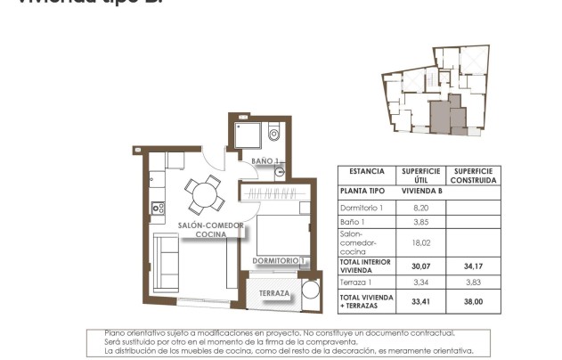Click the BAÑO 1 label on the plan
click(265, 161)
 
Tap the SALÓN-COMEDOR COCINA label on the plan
click(210, 230)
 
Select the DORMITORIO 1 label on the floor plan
click(280, 261)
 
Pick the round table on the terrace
click(311, 290)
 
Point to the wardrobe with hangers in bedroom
click(276, 194)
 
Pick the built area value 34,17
click(474, 266)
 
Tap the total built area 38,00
click(474, 301)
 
